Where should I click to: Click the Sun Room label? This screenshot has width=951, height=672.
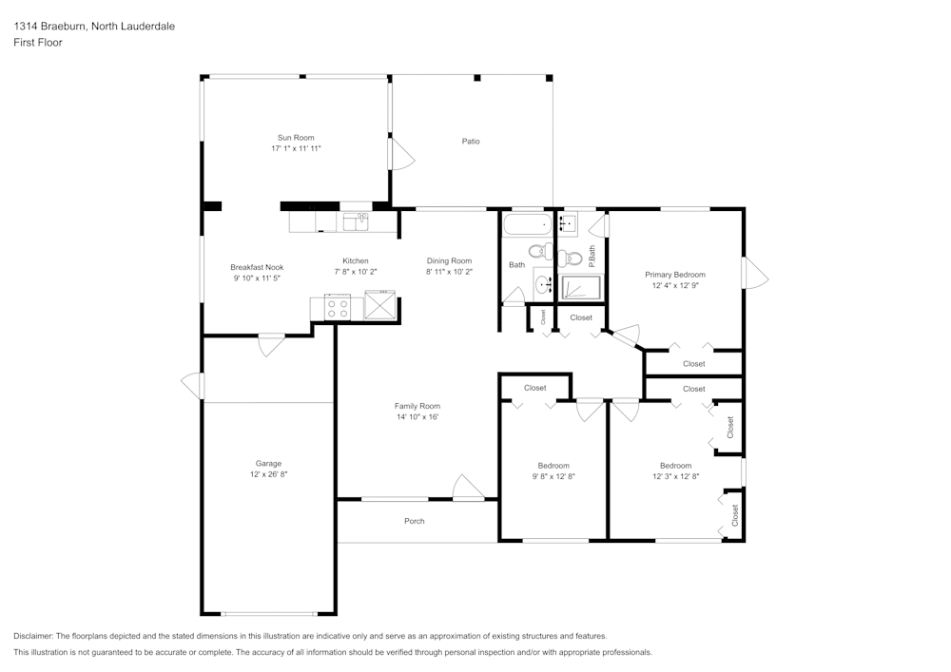295,138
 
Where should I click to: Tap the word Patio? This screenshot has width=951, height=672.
471,142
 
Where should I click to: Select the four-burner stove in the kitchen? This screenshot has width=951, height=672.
338,307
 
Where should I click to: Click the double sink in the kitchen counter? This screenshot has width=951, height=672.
357,221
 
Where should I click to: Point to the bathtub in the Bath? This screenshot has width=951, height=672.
526,226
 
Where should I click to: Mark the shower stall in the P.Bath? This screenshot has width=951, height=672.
579,288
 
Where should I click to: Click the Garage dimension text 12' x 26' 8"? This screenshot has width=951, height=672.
268,473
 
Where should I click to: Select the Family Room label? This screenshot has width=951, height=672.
417,406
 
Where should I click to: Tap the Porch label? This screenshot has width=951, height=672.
415,521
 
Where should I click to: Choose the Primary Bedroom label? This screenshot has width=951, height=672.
675,275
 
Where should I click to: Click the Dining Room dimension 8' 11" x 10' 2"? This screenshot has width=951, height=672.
449,272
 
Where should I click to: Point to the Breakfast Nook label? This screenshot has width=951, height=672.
257,267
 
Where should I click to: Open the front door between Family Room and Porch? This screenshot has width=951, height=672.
467,489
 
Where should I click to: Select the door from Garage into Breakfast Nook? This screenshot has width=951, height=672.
271,343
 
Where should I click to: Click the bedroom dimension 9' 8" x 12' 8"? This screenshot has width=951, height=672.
553,476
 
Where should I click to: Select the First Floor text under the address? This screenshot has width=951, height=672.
38,43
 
